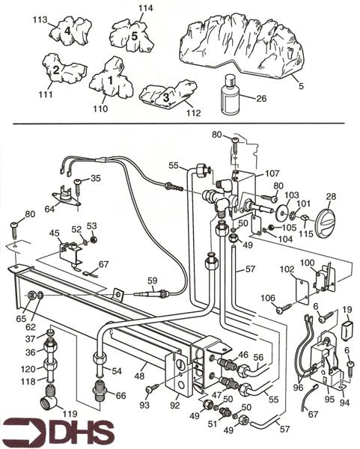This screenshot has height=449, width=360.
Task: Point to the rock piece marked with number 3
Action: [167, 96]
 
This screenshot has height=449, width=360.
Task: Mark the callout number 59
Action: [153, 281]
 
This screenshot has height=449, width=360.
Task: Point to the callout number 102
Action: [286, 269]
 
